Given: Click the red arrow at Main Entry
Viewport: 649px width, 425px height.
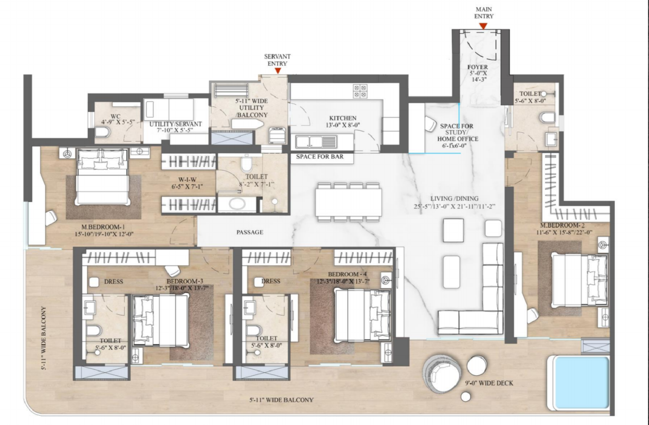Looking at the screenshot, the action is coord(483,26).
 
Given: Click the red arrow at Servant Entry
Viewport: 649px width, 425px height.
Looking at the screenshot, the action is coord(277,71).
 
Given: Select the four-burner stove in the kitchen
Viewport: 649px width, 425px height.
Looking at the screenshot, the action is coord(360,91).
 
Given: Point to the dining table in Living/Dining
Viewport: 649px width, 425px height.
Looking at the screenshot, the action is coord(349,202).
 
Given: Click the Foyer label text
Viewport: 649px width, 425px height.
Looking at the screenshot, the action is coord(477,67).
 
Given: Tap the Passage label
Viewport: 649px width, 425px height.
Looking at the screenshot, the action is coord(250,232).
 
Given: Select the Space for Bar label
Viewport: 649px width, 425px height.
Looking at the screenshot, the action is coord(320,157).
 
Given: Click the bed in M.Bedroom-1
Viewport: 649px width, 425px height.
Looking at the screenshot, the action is coord(102,176).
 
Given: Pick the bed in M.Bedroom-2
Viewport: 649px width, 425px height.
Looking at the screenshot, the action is coord(580,280).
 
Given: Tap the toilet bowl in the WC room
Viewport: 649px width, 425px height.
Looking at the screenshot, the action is coord(103,132).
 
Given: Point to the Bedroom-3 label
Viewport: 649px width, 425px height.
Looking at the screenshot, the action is coord(184,281).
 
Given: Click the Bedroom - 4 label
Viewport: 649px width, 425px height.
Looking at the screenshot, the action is coord(347,274).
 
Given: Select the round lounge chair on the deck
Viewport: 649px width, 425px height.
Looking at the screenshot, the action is coord(441,373).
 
